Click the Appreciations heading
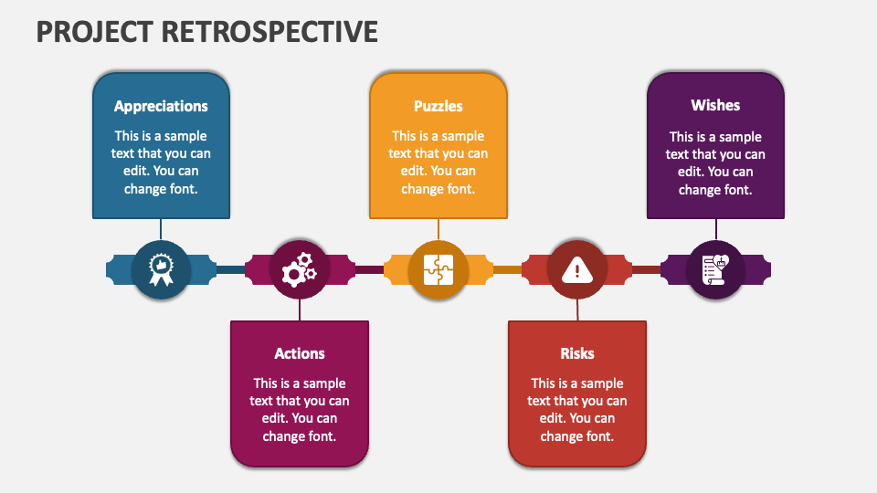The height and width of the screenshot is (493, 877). click(x=161, y=106)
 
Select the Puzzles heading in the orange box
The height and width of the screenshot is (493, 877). click(x=438, y=106)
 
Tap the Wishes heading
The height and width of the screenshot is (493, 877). click(x=715, y=105)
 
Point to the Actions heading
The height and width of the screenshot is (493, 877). click(x=300, y=353)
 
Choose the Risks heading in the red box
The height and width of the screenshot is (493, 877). click(x=576, y=353)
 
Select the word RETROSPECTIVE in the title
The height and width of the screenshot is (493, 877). click(x=271, y=32)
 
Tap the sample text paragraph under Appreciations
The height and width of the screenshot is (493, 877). click(x=161, y=163)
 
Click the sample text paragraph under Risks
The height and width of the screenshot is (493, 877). click(x=576, y=410)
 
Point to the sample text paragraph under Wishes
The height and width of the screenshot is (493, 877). click(x=715, y=163)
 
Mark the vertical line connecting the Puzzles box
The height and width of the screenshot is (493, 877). click(x=438, y=229)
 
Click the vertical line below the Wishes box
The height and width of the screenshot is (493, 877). click(x=715, y=229)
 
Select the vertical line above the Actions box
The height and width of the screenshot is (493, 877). click(x=300, y=309)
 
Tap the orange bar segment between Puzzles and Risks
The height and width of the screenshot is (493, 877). click(x=507, y=269)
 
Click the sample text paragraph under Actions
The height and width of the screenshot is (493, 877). click(x=300, y=410)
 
